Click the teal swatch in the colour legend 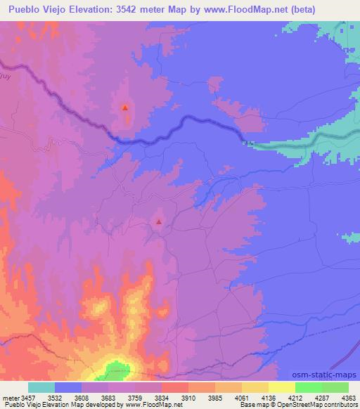(x=41, y=388)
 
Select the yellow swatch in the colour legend (x=281, y=388)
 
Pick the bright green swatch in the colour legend (x=308, y=388)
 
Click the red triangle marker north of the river (x=125, y=108)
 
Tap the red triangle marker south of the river (x=159, y=222)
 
